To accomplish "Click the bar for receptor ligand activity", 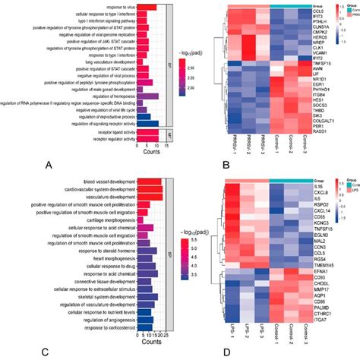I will tap(149, 131).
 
